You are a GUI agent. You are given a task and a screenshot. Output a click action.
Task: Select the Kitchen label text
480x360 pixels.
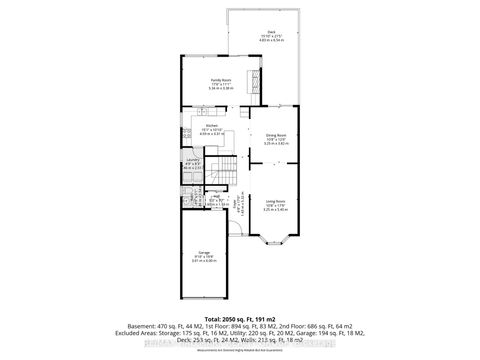[211, 125]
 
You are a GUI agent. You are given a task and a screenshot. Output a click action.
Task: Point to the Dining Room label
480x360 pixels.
[275, 136]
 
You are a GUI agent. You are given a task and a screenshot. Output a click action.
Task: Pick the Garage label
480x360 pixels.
[204, 253]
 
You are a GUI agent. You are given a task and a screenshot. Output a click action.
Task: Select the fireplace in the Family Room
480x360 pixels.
[252, 79]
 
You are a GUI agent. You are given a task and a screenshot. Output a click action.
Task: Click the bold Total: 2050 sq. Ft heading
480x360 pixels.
[240, 320]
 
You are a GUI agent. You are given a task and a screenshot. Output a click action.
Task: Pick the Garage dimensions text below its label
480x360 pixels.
[204, 262]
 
